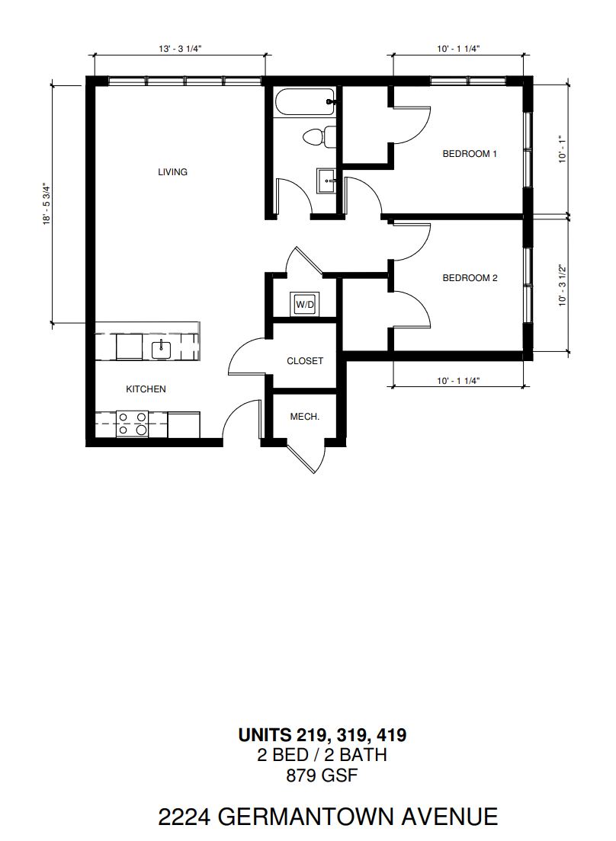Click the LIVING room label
tap(172, 171)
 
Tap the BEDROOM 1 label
tap(470, 154)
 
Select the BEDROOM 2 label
tap(470, 278)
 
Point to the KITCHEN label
tap(146, 389)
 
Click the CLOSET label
tap(305, 361)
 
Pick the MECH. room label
tap(304, 416)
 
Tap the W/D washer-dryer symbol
tap(305, 304)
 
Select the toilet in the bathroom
tap(319, 137)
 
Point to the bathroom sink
tap(326, 181)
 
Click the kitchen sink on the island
tap(161, 350)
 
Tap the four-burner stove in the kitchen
tap(133, 424)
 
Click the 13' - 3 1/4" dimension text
tap(180, 49)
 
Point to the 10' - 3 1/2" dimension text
tap(563, 285)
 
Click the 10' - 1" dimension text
tap(563, 149)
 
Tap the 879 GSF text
tap(322, 775)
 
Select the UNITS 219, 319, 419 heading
tap(322, 734)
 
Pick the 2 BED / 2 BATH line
tap(322, 755)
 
